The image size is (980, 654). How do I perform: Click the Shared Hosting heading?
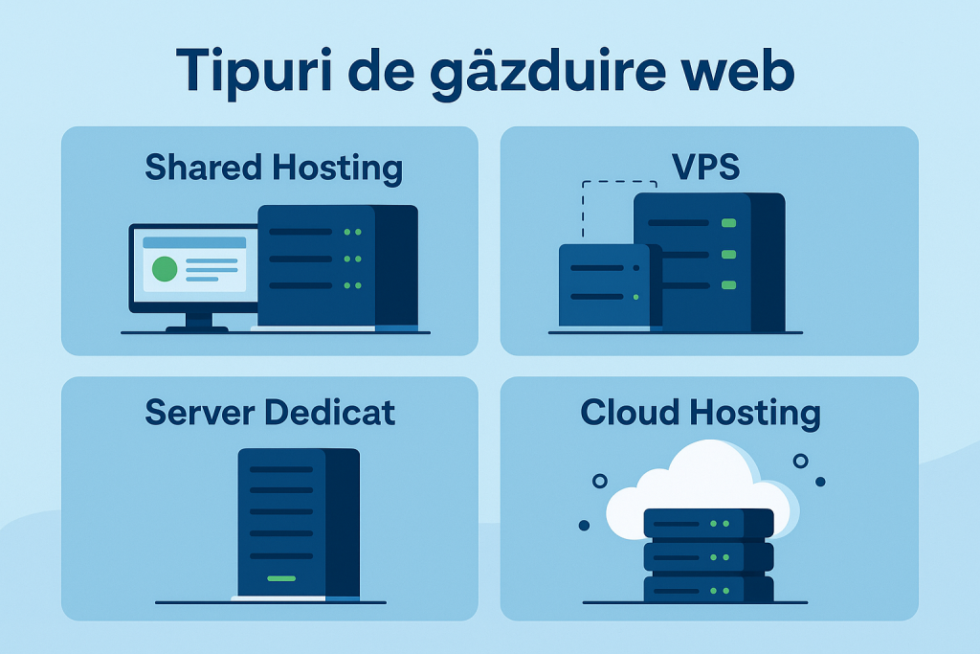tap(274, 168)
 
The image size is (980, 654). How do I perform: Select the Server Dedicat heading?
tap(270, 412)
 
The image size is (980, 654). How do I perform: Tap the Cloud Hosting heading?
tap(701, 412)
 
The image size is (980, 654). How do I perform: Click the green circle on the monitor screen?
tap(165, 269)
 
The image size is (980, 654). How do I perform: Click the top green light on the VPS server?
tap(728, 223)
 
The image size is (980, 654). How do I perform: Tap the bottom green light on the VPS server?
tap(728, 285)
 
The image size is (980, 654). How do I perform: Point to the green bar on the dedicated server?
tap(281, 578)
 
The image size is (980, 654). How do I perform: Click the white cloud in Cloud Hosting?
tap(703, 479)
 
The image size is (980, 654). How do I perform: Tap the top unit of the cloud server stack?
tap(708, 523)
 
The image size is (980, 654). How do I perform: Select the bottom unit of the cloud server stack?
tap(708, 588)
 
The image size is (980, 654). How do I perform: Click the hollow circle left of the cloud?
tap(600, 481)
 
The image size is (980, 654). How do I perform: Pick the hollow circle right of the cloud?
tap(801, 461)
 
